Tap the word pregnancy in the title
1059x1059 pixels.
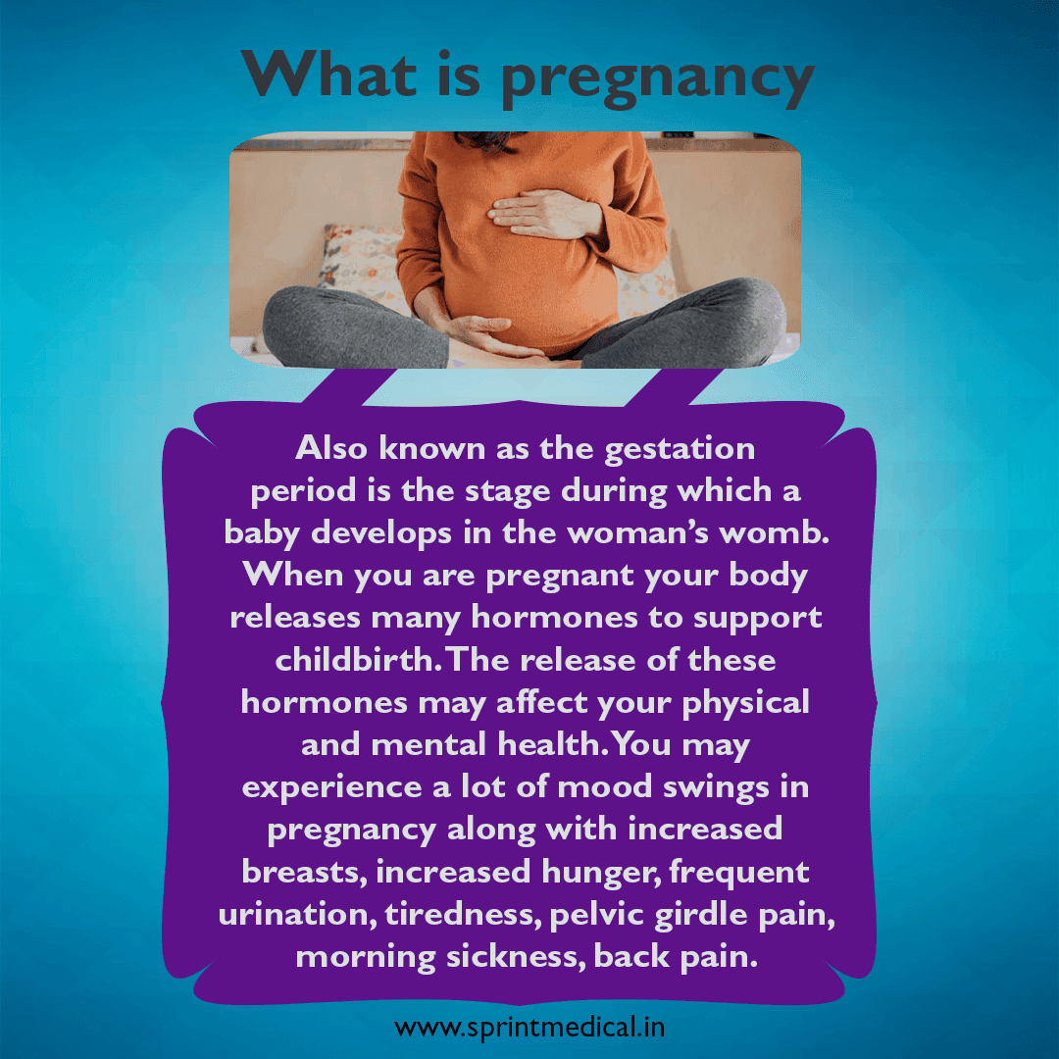pos(658,78)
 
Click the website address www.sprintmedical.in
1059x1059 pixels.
pos(530,1029)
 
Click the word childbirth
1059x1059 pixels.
pos(355,660)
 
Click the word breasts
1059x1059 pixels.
pos(302,872)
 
